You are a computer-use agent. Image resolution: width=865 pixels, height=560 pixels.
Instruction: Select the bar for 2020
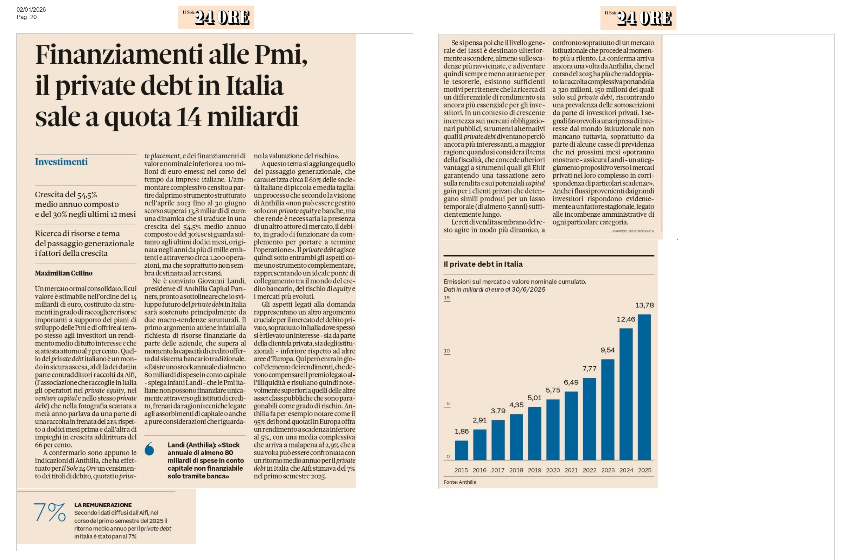point(553,429)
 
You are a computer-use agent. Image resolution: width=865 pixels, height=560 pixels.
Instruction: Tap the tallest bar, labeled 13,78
point(644,387)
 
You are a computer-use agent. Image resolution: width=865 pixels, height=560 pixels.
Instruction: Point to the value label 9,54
point(608,350)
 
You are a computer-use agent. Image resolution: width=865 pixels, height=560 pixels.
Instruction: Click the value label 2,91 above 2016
point(479,420)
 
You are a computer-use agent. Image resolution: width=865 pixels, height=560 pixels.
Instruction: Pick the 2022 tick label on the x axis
point(590,470)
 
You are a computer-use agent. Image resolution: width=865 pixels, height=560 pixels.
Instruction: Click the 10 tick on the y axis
point(447,351)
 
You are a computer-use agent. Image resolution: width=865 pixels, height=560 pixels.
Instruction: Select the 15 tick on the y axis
point(447,298)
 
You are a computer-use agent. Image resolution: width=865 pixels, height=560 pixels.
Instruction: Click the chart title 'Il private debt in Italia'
point(483,264)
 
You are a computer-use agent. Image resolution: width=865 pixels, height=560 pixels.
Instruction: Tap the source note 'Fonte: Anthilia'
point(460,482)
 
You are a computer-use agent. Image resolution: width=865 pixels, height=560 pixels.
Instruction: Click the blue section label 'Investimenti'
point(62,162)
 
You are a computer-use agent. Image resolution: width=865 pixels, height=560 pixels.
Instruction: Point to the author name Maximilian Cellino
point(64,273)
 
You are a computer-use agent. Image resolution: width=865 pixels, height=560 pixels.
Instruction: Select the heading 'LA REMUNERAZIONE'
point(103,505)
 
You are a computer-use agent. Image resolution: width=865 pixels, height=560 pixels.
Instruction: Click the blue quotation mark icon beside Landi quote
point(150,449)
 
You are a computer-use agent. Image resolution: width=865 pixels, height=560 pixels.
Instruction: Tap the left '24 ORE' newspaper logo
point(216,18)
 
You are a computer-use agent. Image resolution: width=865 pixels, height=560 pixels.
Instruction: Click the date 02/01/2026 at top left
point(31,10)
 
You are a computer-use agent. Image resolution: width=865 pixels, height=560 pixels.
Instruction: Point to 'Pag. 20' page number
point(26,17)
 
